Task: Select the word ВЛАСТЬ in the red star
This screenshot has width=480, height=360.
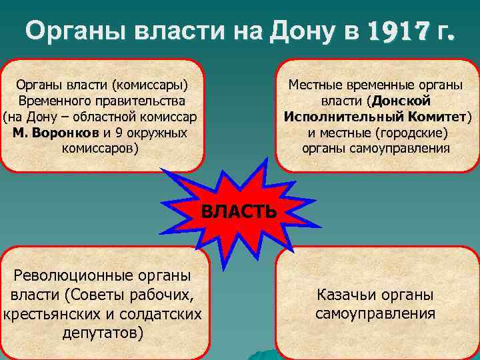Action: [x=239, y=212]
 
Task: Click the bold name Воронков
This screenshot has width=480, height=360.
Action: [x=65, y=132]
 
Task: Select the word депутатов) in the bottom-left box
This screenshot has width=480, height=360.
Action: [x=102, y=332]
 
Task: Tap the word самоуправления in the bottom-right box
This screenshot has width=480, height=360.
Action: [x=375, y=313]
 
